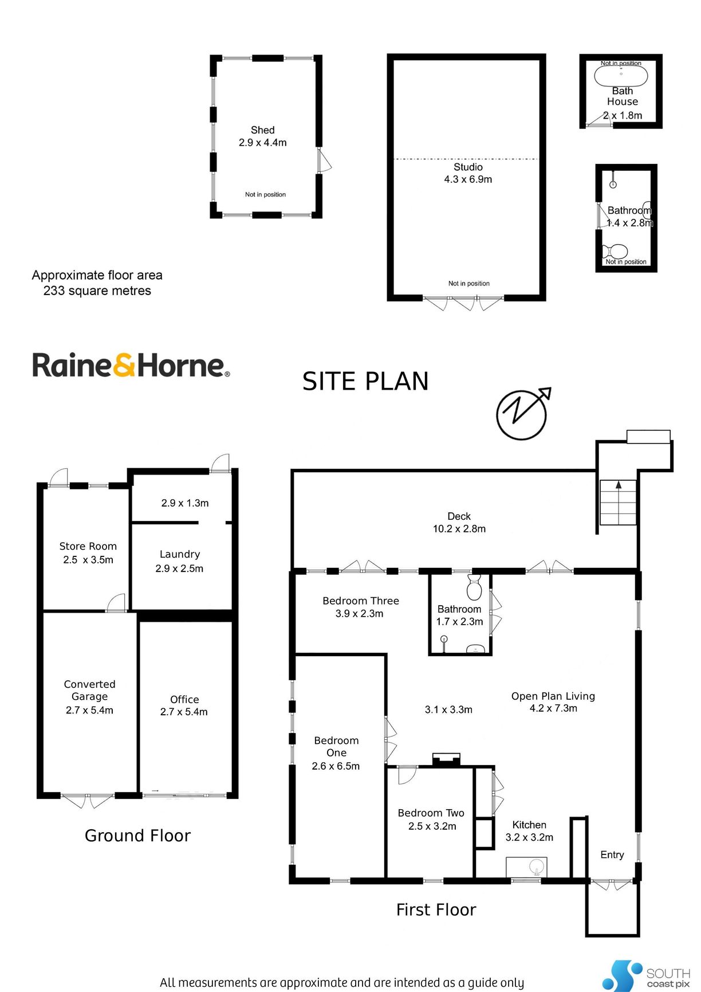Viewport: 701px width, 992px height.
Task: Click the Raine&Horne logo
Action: click(x=131, y=365)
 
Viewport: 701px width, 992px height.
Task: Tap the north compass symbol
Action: click(x=522, y=414)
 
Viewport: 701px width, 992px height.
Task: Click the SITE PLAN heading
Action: click(x=365, y=381)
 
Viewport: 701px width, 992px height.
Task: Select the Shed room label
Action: click(x=263, y=130)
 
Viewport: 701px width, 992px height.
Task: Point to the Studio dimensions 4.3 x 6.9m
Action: click(x=468, y=179)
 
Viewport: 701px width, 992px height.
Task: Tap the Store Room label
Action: click(x=88, y=546)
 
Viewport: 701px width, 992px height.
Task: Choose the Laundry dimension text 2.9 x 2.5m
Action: click(x=179, y=568)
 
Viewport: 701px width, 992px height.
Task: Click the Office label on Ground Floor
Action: click(x=184, y=699)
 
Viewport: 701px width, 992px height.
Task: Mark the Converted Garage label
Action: click(x=89, y=690)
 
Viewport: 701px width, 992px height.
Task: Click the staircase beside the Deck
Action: click(x=618, y=503)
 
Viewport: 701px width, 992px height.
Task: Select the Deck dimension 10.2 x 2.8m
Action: click(x=459, y=529)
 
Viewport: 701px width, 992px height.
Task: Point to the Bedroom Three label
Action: click(x=361, y=601)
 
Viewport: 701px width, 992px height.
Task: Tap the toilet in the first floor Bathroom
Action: click(x=475, y=587)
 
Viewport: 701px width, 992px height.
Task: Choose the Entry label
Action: click(x=612, y=854)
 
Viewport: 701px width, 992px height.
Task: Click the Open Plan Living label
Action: click(x=553, y=696)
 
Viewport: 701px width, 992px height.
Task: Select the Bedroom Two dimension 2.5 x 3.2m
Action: click(x=432, y=826)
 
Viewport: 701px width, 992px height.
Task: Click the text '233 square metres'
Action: click(x=97, y=291)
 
